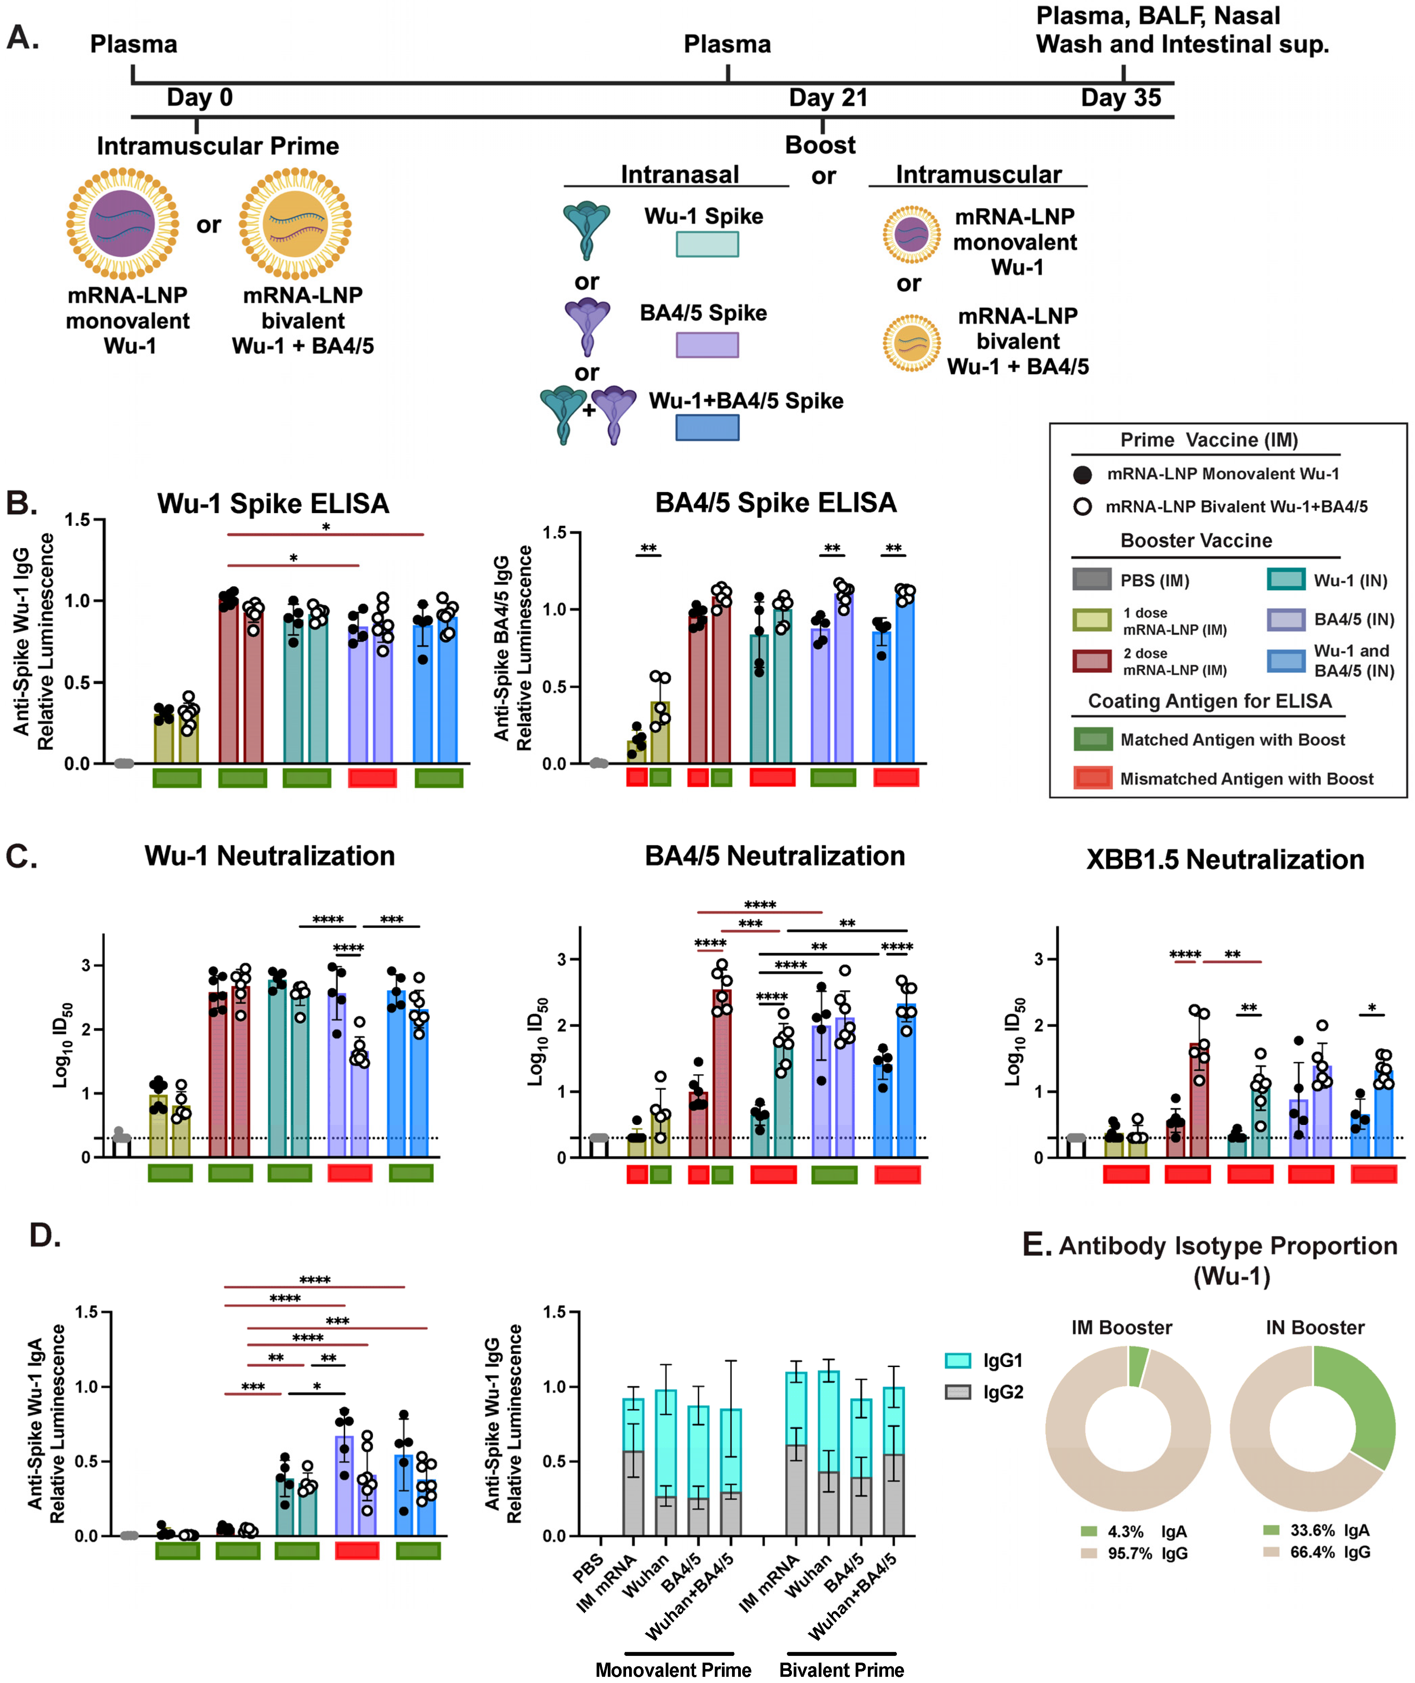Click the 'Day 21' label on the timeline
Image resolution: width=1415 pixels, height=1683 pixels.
coord(828,98)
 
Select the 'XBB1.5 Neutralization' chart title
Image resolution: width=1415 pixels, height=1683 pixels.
coord(1225,859)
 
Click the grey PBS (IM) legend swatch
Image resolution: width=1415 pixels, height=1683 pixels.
coord(1091,579)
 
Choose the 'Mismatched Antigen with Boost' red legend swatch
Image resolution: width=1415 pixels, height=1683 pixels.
coord(1093,778)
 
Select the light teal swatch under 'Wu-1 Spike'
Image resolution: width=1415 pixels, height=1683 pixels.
coord(707,244)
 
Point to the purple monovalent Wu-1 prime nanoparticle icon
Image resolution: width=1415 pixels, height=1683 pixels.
coord(123,223)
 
